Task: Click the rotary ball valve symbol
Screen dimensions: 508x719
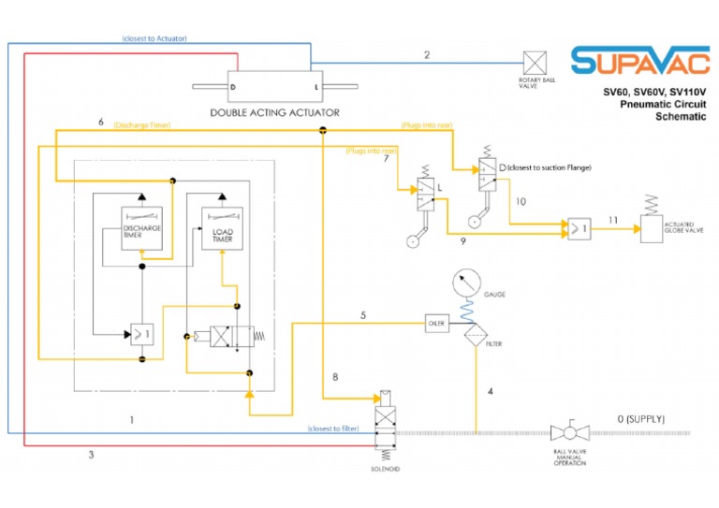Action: coord(536,63)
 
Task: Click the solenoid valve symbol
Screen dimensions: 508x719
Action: coord(386,421)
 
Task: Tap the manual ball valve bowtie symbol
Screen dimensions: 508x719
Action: coord(568,432)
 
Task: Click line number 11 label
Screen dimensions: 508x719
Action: coord(613,218)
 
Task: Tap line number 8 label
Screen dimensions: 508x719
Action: coord(334,377)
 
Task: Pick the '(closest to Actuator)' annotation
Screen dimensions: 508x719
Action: coord(154,38)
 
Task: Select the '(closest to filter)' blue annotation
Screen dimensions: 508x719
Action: coord(333,428)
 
